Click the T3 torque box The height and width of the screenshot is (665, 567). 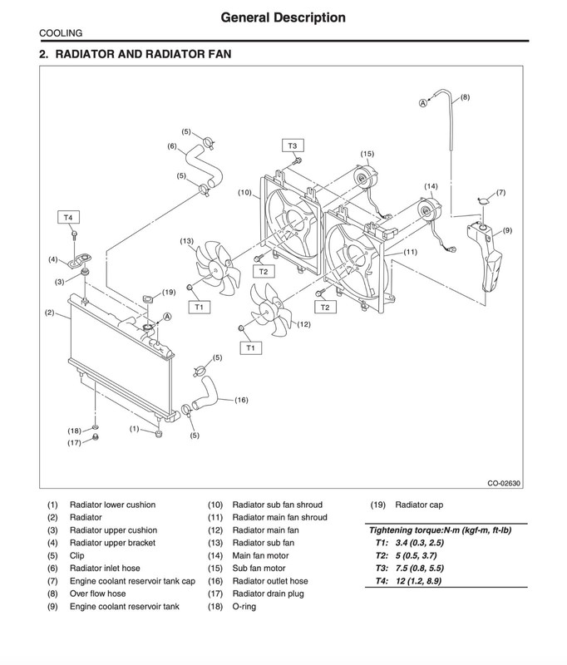point(293,146)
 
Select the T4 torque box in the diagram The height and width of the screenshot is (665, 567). point(68,218)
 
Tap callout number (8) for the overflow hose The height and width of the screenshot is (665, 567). point(466,97)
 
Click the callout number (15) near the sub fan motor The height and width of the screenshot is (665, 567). point(367,154)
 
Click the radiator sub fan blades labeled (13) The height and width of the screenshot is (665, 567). point(214,268)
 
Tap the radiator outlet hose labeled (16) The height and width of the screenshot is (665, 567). point(206,393)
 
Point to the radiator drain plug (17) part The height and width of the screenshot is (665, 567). point(96,437)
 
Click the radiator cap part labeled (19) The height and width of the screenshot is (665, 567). point(149,299)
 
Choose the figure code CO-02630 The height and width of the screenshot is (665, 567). point(503,483)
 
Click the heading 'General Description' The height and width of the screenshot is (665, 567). point(283,17)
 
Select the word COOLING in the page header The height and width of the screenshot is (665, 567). point(61,33)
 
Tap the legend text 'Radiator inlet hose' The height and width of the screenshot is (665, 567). point(105,568)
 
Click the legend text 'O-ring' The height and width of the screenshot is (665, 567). point(244,607)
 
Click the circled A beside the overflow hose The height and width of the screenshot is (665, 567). point(423,103)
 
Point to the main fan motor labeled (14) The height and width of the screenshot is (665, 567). point(429,210)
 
